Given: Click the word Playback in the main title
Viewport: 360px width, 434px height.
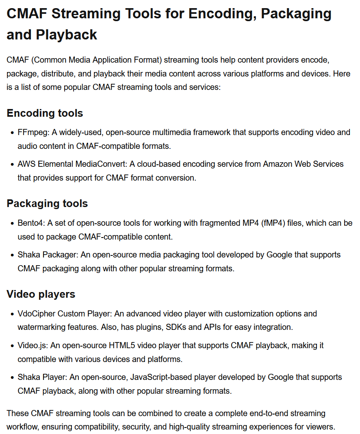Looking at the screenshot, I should [66, 34].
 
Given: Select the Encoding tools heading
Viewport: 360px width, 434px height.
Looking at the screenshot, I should [45, 113].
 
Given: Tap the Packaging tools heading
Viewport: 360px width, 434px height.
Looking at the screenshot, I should [47, 203].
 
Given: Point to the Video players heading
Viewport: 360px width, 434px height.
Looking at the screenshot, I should [41, 294].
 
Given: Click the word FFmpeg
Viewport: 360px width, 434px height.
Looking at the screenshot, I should [33, 133].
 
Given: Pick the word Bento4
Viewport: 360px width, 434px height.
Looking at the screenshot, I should [31, 223].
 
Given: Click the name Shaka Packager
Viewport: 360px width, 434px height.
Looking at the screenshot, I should [47, 255].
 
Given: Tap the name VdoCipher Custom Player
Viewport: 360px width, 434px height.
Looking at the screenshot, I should [64, 314].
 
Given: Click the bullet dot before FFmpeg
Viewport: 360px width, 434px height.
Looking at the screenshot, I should [12, 133].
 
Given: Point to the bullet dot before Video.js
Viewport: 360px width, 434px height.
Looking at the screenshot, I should [12, 346].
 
